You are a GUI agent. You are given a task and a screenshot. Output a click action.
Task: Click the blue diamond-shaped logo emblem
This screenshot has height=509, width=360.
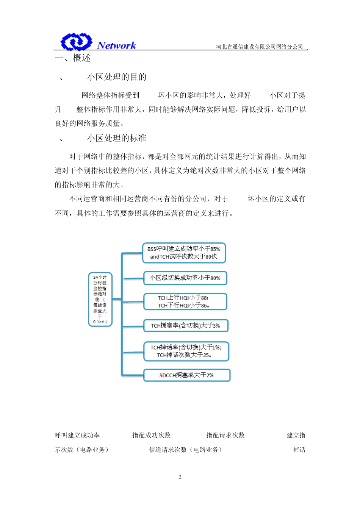click(76, 42)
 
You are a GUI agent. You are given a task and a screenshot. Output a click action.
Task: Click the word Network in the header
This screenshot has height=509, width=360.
click(116, 45)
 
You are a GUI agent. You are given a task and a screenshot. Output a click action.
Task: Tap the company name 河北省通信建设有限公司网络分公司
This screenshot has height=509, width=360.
click(260, 47)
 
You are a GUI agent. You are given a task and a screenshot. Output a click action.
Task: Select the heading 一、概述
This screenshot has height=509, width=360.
click(73, 58)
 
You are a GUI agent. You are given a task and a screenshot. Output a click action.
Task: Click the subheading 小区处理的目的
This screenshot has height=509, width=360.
click(117, 77)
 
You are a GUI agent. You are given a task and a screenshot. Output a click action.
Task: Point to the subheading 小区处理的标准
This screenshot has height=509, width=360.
click(117, 138)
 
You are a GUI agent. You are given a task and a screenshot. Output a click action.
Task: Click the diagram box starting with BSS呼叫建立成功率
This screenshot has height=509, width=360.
click(184, 253)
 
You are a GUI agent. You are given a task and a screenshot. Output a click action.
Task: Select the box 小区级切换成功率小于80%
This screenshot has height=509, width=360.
click(185, 278)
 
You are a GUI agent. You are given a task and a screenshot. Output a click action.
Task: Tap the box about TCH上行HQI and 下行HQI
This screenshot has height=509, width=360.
click(185, 302)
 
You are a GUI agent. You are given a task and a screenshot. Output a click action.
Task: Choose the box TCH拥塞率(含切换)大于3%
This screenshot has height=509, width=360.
click(185, 326)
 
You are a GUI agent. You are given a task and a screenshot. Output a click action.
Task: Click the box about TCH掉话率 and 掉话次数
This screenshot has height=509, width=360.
click(186, 351)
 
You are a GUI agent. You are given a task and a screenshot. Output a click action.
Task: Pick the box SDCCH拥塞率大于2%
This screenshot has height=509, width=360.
click(186, 375)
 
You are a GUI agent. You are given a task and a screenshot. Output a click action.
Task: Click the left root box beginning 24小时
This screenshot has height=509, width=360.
click(100, 299)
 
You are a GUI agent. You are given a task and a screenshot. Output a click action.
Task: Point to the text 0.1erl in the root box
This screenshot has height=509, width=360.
click(99, 322)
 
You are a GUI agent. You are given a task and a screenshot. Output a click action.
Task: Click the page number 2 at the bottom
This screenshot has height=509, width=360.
click(180, 477)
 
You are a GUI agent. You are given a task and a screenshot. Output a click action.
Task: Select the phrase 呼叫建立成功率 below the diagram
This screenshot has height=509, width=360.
click(77, 436)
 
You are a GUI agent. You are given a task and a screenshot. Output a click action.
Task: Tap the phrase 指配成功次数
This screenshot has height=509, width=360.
click(151, 436)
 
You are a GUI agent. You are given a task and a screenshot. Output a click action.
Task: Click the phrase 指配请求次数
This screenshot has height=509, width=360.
click(225, 436)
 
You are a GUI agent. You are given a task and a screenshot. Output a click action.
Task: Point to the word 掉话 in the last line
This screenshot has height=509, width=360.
click(299, 450)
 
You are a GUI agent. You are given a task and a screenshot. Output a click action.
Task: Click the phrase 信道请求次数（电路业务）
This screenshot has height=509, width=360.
click(185, 450)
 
